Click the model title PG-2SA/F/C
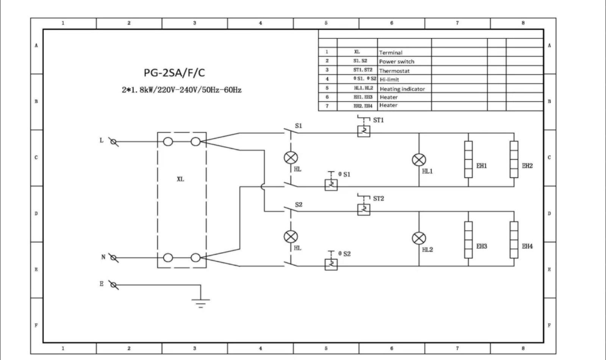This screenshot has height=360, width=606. [174, 73]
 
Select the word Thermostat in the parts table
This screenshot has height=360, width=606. [394, 71]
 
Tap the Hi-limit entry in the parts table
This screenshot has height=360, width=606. [389, 80]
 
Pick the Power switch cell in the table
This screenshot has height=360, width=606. [397, 62]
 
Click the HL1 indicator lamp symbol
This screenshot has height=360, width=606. [419, 160]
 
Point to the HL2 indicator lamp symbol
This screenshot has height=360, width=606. [419, 238]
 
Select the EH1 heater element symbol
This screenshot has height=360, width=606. [468, 160]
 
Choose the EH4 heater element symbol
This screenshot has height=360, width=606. [514, 240]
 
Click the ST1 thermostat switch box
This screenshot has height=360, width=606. [364, 131]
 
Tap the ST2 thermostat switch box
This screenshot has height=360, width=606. [364, 210]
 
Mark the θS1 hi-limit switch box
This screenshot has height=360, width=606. [331, 185]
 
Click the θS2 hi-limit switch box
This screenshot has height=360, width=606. [331, 265]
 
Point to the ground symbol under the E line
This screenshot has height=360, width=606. [200, 304]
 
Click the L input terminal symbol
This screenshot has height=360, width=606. [114, 142]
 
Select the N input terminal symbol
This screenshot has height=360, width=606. [114, 258]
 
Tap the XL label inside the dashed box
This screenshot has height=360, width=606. [180, 179]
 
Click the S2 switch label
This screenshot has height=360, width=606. [298, 205]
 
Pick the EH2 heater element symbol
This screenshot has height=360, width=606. [514, 160]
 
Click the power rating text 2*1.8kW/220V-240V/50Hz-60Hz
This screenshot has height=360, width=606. [181, 90]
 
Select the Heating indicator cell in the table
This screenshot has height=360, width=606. [402, 89]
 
